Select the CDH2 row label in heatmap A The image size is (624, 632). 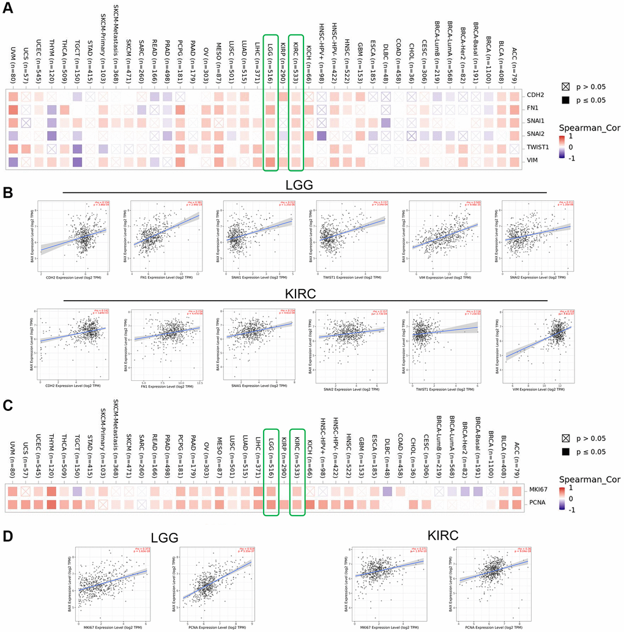pos(537,96)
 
